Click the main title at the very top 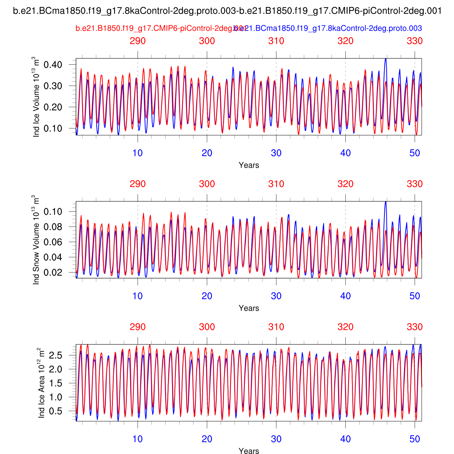[227, 11]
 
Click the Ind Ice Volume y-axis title [36, 97]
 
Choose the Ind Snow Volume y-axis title [36, 240]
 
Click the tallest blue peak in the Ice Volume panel [385, 59]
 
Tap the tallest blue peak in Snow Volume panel [385, 202]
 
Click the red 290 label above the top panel [138, 41]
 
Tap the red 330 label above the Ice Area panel [415, 327]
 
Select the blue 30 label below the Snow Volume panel [276, 296]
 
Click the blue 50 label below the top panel [415, 153]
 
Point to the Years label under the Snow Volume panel [249, 308]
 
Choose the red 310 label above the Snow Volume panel [276, 184]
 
